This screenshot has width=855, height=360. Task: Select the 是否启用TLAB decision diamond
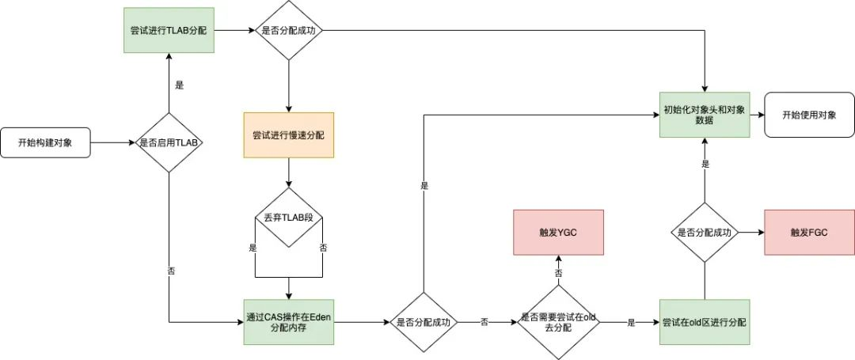(x=169, y=143)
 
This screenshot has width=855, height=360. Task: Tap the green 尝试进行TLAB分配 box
(x=169, y=31)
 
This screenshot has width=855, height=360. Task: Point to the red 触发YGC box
(x=558, y=233)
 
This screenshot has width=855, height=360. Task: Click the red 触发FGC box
(x=808, y=233)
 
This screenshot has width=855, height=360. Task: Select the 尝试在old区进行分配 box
(x=704, y=322)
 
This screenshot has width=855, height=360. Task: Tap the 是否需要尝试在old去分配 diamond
(x=558, y=322)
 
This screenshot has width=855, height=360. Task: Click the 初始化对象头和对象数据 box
(x=704, y=114)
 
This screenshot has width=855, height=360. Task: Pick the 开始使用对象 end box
(x=808, y=115)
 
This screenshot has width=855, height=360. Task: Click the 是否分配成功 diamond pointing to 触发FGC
(x=704, y=233)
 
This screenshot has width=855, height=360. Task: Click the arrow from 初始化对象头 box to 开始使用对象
(x=755, y=115)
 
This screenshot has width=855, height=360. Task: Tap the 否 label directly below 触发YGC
(x=558, y=272)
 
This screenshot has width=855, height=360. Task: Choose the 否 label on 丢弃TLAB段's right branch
(x=323, y=247)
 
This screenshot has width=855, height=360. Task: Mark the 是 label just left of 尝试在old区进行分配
(x=631, y=323)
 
